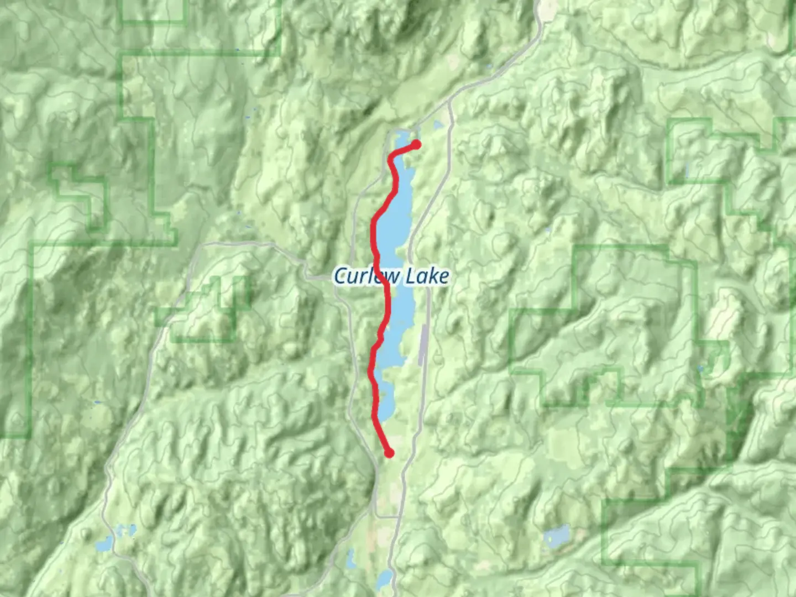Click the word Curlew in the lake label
pos(360,276)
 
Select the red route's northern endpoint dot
pos(416,145)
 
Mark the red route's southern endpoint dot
pos(390,453)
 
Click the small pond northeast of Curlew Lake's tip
pos(438,126)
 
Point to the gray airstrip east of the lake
pos(423,345)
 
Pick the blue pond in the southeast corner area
pos(557,536)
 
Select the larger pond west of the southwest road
pos(104,545)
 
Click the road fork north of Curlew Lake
pos(449,102)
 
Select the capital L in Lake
pos(412,276)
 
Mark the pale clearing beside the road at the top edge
pos(550,8)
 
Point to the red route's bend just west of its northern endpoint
pos(393,154)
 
